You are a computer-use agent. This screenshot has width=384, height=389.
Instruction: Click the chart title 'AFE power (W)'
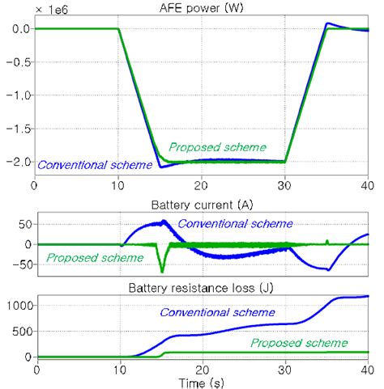199,7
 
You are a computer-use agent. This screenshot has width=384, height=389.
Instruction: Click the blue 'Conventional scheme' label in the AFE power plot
95,165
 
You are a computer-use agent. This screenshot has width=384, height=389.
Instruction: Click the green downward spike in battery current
162,270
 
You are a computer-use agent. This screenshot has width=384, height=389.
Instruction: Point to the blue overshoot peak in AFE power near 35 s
328,23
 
